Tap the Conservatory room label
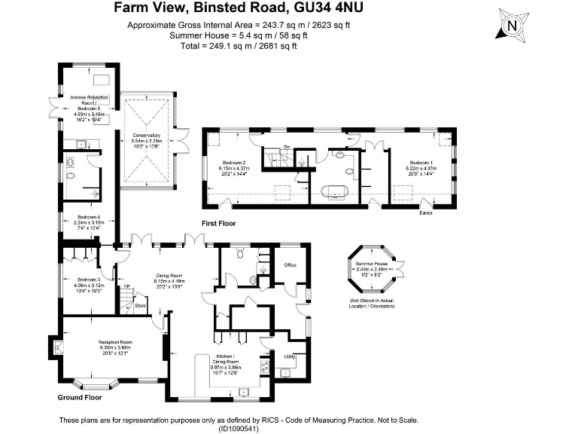pyautogui.click(x=146, y=136)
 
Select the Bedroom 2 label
pyautogui.click(x=233, y=163)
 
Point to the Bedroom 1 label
pyautogui.click(x=420, y=163)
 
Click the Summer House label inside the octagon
pyautogui.click(x=376, y=263)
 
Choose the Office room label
pyautogui.click(x=290, y=265)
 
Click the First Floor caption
pyautogui.click(x=218, y=224)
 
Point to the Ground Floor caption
pyautogui.click(x=79, y=396)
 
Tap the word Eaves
pyautogui.click(x=427, y=213)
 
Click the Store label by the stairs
pyautogui.click(x=139, y=306)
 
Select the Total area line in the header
pyautogui.click(x=239, y=45)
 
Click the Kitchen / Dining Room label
pyautogui.click(x=226, y=359)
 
